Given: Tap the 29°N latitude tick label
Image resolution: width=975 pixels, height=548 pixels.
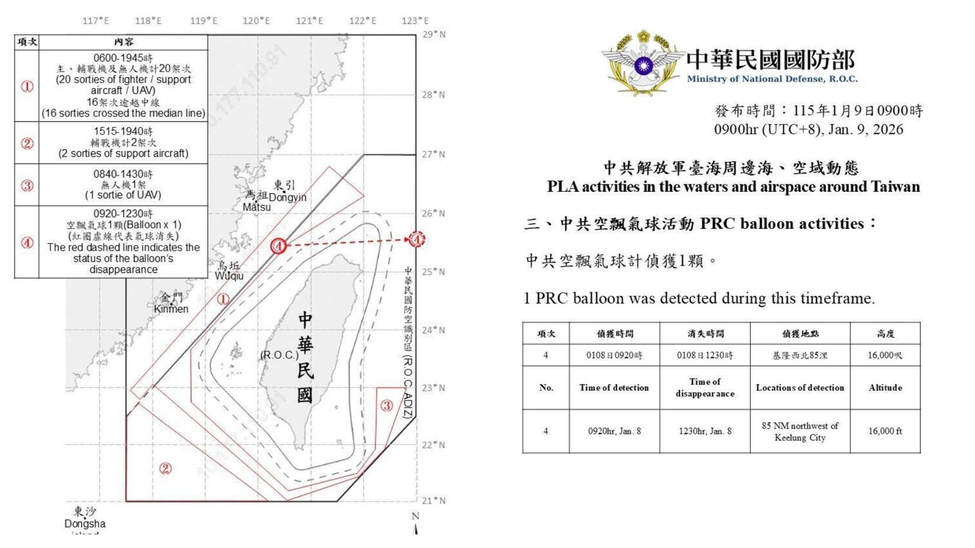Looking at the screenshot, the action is tap(434, 35).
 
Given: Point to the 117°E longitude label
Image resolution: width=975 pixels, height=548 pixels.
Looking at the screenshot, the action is tap(96, 21).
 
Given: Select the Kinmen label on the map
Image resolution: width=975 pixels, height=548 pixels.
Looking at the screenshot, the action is tap(171, 309).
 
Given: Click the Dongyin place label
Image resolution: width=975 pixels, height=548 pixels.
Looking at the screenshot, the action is tap(287, 197).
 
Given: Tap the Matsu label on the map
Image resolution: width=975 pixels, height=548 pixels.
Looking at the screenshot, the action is tap(257, 207).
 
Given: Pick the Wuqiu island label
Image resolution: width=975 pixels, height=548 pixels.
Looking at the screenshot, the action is tap(229, 276).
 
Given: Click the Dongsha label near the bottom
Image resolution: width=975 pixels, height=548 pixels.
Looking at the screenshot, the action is tap(85, 524).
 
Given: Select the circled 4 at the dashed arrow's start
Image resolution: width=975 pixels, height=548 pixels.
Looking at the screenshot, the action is tap(278, 246).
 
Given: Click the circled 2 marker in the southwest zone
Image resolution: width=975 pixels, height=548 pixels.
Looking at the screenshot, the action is tap(165, 468).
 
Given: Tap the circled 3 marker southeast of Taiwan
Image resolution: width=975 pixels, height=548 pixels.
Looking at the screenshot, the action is tap(386, 406).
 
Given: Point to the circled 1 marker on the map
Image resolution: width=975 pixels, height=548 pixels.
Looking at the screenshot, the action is tap(223, 299).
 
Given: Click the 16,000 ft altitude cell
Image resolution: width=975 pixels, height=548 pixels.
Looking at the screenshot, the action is tap(885, 431).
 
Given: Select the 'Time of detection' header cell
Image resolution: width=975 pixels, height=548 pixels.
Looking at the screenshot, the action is tap(614, 388).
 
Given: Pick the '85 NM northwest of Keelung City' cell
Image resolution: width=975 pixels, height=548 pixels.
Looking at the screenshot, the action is tap(799, 431).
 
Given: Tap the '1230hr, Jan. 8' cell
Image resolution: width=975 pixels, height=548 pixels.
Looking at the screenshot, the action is tap(705, 431).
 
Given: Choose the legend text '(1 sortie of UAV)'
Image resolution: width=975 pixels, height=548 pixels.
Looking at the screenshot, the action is tap(123, 195).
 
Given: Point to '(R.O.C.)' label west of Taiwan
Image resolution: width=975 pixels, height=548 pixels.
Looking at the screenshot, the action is tap(279, 355).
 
